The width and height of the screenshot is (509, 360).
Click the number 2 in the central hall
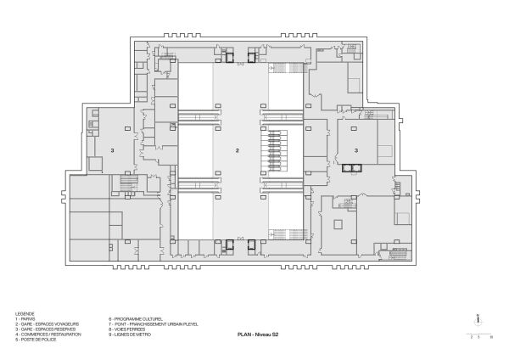(x=238, y=150)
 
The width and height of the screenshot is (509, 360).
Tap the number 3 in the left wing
(x=112, y=150)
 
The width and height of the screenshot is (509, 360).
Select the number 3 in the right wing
(x=356, y=150)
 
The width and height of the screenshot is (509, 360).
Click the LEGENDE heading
(x=25, y=313)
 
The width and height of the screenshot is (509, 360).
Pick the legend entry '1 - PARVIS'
(x=26, y=318)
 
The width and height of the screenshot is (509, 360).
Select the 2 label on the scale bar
(x=472, y=338)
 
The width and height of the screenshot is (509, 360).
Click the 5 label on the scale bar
(x=480, y=338)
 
